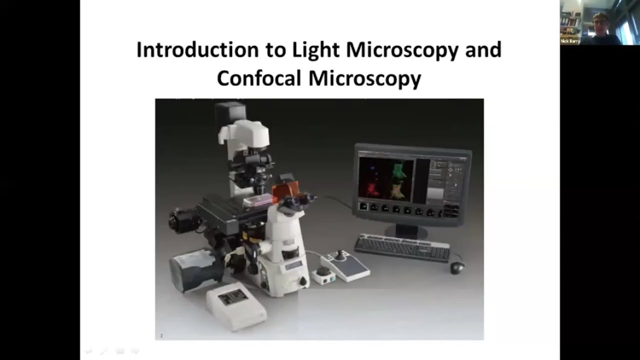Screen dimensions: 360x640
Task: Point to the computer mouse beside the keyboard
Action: (x=457, y=267)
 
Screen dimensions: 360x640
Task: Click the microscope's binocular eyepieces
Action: (x=299, y=201)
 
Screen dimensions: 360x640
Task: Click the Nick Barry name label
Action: (x=570, y=41)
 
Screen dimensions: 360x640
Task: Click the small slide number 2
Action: (x=161, y=336)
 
